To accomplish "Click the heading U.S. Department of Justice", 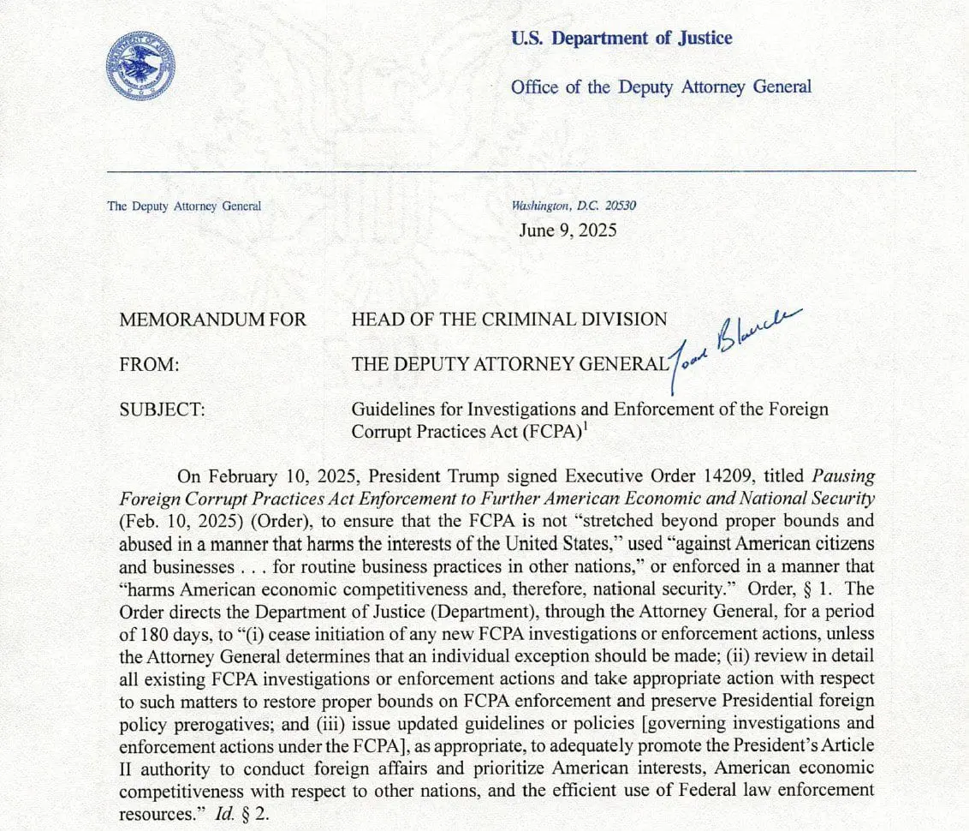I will point(621,39).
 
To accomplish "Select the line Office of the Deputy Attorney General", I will point(661,87).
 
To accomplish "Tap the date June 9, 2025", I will point(567,230).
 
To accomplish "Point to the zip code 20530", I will point(621,206).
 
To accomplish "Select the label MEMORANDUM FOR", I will point(213,320).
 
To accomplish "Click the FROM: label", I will point(150,364).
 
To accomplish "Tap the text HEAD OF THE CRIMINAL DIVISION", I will point(509,320).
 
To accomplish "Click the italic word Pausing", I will point(842,476).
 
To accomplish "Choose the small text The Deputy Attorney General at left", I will point(184,206).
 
